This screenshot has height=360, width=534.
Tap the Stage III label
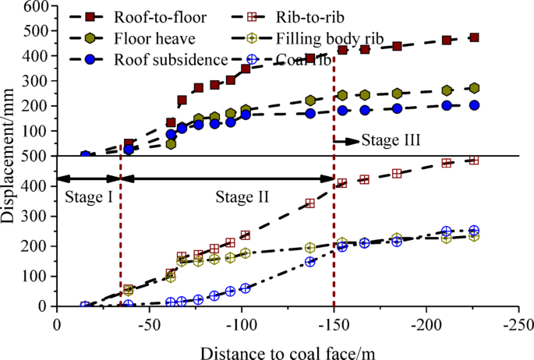pyautogui.click(x=391, y=141)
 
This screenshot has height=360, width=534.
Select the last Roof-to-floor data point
pyautogui.click(x=474, y=37)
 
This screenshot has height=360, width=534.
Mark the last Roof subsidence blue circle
pyautogui.click(x=474, y=105)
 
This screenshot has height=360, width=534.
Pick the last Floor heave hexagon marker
pyautogui.click(x=474, y=88)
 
